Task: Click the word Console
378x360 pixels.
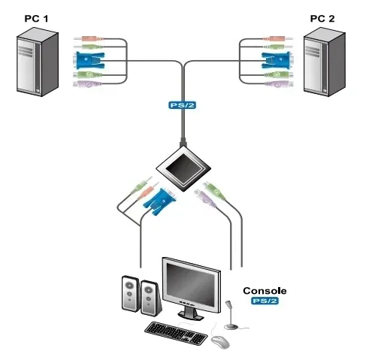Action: pyautogui.click(x=264, y=290)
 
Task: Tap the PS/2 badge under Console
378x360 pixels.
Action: pyautogui.click(x=265, y=301)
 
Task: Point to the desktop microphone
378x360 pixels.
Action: pyautogui.click(x=231, y=315)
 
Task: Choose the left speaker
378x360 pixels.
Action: pyautogui.click(x=129, y=295)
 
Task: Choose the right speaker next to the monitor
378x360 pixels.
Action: pyautogui.click(x=150, y=299)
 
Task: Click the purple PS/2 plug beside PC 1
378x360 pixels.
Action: pyautogui.click(x=88, y=85)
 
